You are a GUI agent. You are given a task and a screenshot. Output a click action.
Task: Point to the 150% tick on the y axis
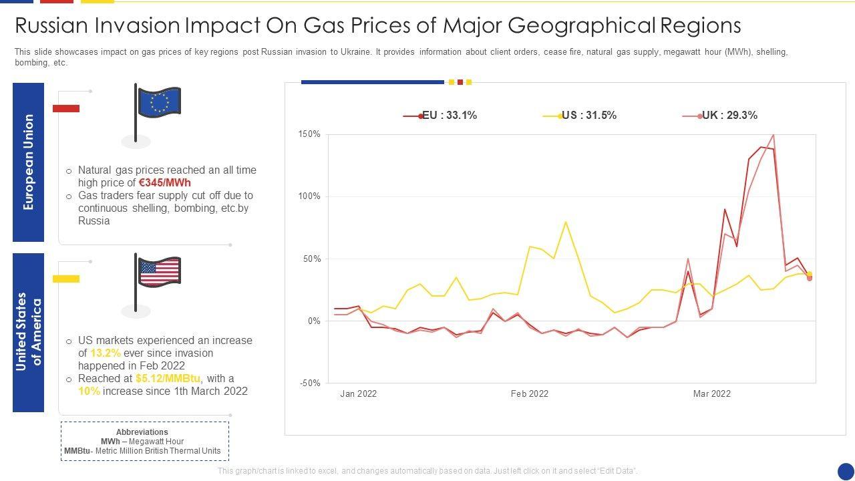point(309,134)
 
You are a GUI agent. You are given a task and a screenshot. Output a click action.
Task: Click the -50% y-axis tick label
point(309,383)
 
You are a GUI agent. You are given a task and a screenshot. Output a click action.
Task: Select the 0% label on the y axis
point(313,321)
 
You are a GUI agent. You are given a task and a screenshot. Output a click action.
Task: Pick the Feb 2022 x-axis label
point(530,394)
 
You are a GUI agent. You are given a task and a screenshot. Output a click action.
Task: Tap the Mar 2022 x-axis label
point(712,394)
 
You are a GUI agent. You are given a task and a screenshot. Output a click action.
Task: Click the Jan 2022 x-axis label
point(359,394)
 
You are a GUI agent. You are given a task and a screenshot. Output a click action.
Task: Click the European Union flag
point(159,103)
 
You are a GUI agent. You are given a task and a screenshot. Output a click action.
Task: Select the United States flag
point(159,273)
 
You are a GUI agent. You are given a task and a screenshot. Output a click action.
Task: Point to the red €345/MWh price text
point(165,183)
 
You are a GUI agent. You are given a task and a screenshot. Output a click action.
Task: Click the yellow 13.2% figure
point(106,353)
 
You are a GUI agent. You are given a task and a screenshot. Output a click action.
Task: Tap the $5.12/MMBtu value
point(168,379)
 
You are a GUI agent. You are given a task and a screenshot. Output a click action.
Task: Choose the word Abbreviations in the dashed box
point(142,432)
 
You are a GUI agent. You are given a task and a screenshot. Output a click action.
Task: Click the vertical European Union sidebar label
point(28,162)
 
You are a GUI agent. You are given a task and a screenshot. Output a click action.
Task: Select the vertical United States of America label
point(28,332)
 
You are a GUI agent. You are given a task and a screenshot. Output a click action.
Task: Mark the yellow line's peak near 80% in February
point(566,222)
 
